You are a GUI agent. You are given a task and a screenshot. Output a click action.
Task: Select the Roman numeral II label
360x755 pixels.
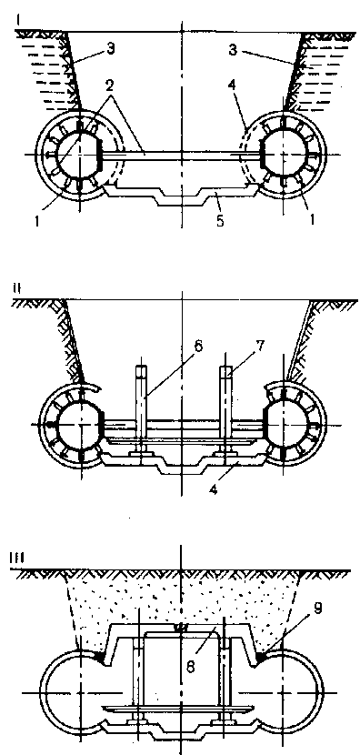tap(17, 289)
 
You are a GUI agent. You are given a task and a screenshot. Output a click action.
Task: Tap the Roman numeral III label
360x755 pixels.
tap(17, 558)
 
